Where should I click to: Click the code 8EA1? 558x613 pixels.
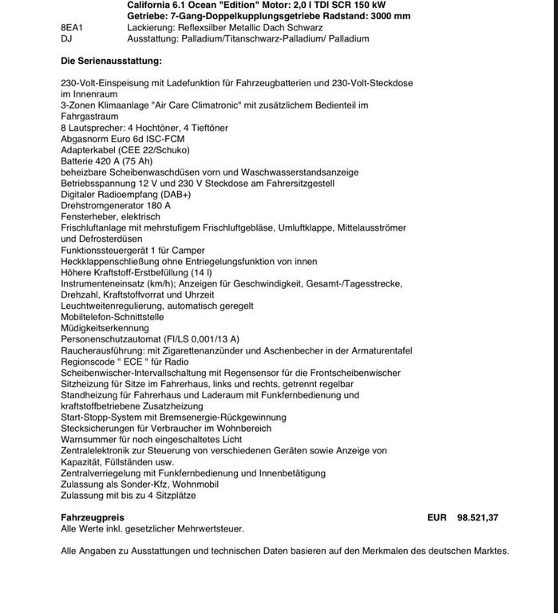coord(72,27)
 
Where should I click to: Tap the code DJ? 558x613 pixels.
coord(66,38)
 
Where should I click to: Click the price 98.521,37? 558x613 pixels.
coord(477,518)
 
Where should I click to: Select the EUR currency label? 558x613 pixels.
coord(437,518)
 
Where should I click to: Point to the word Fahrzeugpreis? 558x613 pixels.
coord(93,518)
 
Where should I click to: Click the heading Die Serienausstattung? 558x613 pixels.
coord(111,61)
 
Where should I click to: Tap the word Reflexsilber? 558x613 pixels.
coord(206,27)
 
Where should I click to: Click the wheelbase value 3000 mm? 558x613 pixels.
coord(390,16)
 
